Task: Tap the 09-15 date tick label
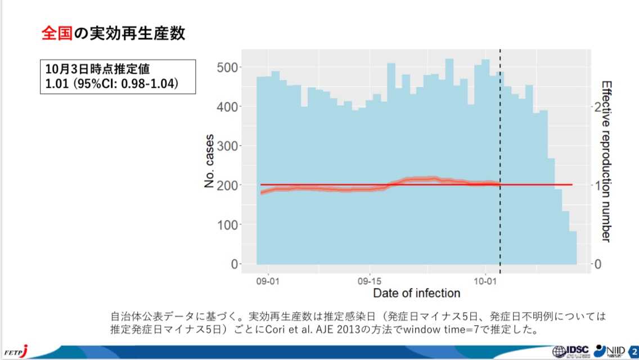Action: coord(370,280)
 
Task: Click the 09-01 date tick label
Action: coord(268,280)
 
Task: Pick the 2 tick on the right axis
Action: coord(597,106)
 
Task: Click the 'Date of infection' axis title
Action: coord(416,293)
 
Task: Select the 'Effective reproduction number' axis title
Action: coord(606,161)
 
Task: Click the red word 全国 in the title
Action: coord(57,34)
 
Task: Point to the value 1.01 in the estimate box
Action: coord(57,84)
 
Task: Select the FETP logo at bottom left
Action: coord(15,352)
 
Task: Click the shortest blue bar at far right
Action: coord(573,247)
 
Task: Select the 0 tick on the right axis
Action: coord(597,264)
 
